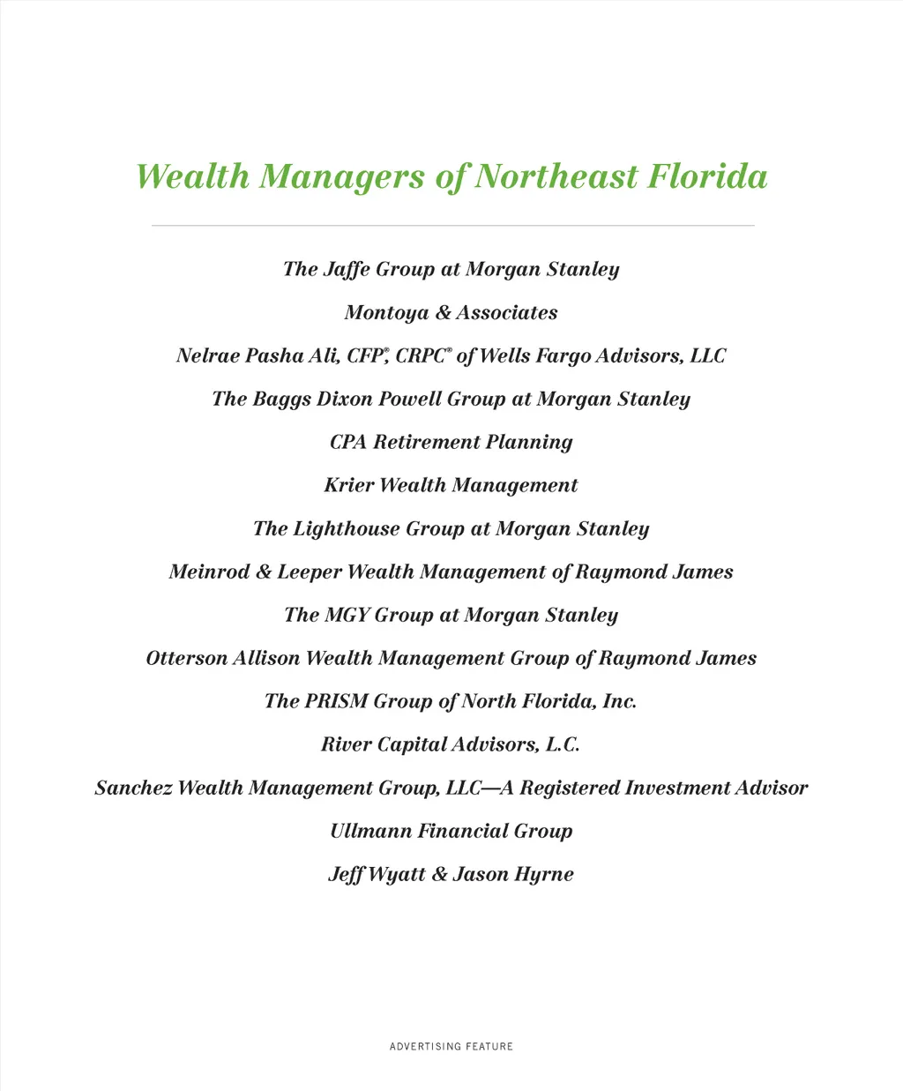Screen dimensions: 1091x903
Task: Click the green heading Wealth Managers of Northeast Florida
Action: pyautogui.click(x=451, y=176)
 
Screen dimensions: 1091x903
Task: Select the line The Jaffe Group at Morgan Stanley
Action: pyautogui.click(x=451, y=269)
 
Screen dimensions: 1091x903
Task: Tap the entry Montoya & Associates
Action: pyautogui.click(x=451, y=312)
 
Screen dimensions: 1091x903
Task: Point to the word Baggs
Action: pyautogui.click(x=281, y=399)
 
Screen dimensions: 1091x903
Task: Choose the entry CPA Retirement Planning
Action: pyautogui.click(x=451, y=442)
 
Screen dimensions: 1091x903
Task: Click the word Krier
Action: pyautogui.click(x=348, y=485)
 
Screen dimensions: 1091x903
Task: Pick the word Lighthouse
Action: pyautogui.click(x=346, y=528)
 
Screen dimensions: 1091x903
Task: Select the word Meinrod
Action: pyautogui.click(x=209, y=572)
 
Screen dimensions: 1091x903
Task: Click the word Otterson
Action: pyautogui.click(x=186, y=658)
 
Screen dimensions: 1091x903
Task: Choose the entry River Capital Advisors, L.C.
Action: pyautogui.click(x=451, y=744)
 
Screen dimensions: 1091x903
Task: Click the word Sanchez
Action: pyautogui.click(x=133, y=788)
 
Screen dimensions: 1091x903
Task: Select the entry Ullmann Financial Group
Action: pyautogui.click(x=451, y=831)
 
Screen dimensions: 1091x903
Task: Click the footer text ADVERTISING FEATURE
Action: pyautogui.click(x=451, y=1046)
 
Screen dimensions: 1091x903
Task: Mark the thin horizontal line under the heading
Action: pyautogui.click(x=451, y=226)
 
